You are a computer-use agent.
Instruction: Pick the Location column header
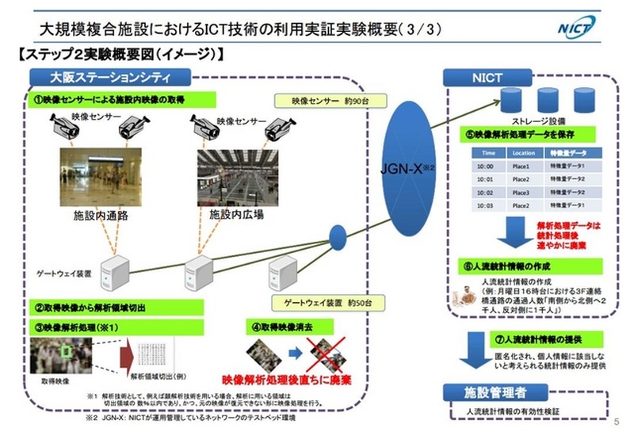[524, 152]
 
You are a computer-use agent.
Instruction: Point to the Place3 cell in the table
[524, 193]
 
